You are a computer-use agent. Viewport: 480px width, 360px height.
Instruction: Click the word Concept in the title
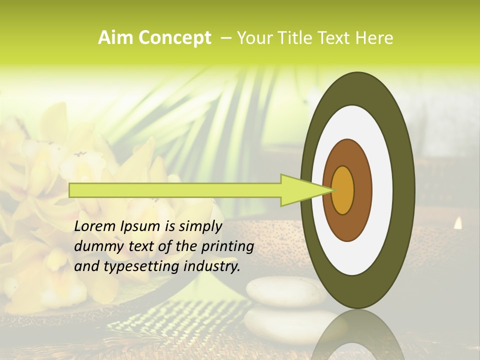174,38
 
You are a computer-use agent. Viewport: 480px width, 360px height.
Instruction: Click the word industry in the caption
212,266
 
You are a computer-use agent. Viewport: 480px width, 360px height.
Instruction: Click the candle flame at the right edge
457,223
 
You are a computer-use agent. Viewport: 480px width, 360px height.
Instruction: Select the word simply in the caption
200,226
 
